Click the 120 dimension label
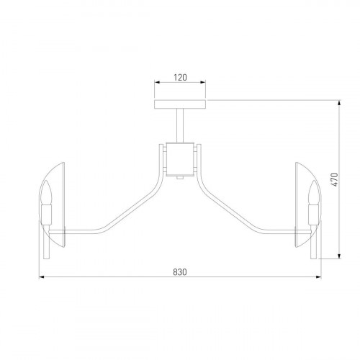coord(180,77)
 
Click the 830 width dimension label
coord(180,272)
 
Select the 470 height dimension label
coord(335,179)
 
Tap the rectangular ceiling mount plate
coord(180,104)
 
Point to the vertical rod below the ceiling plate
coord(180,125)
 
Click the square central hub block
coord(180,159)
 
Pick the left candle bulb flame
coord(47,192)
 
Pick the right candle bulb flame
coord(314,192)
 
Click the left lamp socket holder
coord(47,215)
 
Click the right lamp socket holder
coord(314,215)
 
